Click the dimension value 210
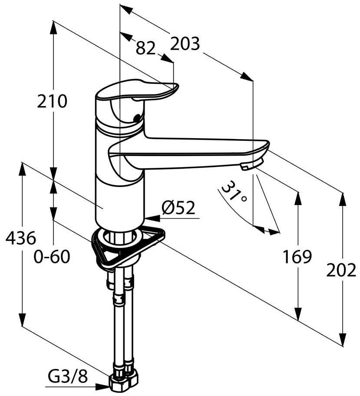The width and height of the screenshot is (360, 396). tap(52, 101)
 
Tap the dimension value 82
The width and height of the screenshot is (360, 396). tap(145, 48)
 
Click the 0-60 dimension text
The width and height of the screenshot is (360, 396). tap(52, 257)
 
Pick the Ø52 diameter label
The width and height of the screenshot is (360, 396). tap(178, 209)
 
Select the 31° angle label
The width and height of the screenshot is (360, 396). tap(235, 193)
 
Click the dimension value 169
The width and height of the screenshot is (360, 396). tap(297, 257)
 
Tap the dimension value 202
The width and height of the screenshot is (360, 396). tap(341, 270)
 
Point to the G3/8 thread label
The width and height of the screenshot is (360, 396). tap(68, 377)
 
